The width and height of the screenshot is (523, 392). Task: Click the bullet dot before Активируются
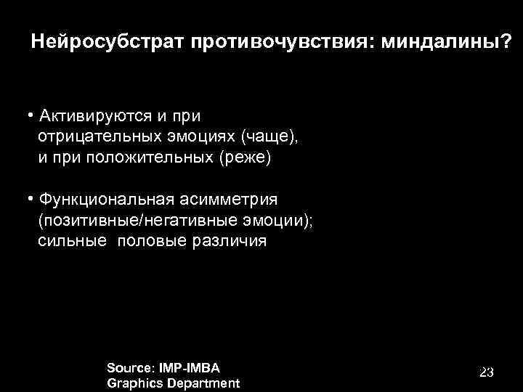click(31, 116)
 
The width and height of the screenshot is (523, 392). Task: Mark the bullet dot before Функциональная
click(31, 199)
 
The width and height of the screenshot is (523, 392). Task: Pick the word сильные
click(70, 241)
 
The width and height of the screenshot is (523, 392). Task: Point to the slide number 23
click(486, 372)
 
